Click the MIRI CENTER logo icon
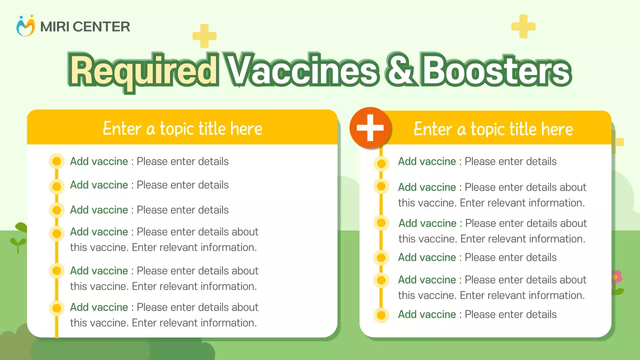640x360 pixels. point(25,26)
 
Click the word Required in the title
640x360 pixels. point(143,71)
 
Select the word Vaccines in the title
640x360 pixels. point(302,71)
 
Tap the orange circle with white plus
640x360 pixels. point(370,128)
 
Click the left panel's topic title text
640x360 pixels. point(182,128)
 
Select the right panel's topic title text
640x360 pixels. point(493,129)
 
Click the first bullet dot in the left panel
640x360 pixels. point(57,161)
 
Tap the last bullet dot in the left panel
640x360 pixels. point(57,308)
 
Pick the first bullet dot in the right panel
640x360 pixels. point(381,163)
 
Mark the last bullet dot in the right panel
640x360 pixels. point(381,315)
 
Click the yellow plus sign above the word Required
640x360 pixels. point(204,36)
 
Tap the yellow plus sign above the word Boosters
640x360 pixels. point(523,26)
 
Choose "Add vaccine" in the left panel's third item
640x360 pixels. point(99,210)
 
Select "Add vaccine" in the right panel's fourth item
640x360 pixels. point(427,257)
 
